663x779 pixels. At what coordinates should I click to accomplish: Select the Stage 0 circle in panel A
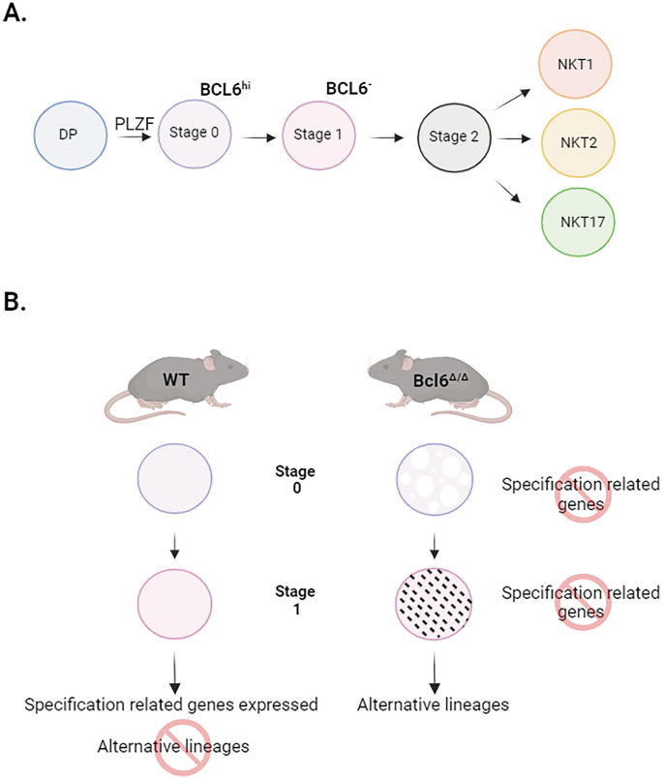tap(195, 133)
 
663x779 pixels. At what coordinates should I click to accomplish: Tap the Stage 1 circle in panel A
tap(317, 134)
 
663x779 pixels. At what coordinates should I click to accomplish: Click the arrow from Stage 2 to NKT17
tap(510, 189)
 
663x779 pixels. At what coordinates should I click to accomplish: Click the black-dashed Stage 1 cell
tap(436, 603)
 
